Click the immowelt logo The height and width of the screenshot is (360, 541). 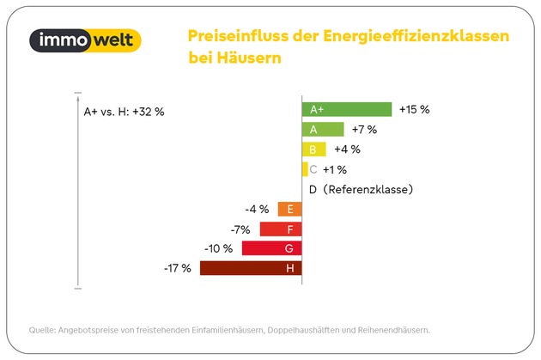tap(84, 40)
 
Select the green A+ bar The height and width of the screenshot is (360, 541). tap(347, 109)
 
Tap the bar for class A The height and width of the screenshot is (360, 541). tap(323, 129)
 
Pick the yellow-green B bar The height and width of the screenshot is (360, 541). tap(314, 149)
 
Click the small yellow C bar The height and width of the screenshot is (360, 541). tap(305, 168)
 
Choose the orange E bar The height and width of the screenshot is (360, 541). tap(289, 209)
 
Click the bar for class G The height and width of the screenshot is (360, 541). tap(271, 248)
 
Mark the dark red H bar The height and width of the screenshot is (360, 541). tap(251, 268)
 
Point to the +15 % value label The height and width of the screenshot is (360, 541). tap(414, 109)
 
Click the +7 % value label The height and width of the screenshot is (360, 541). tap(365, 129)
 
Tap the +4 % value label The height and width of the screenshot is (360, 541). tap(347, 149)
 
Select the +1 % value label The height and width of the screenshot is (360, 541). tap(335, 168)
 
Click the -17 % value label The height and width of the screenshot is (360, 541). tap(178, 268)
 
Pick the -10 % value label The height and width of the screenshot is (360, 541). tap(218, 248)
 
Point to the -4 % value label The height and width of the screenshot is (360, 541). tap(257, 209)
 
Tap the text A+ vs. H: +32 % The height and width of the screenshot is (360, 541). tap(124, 112)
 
